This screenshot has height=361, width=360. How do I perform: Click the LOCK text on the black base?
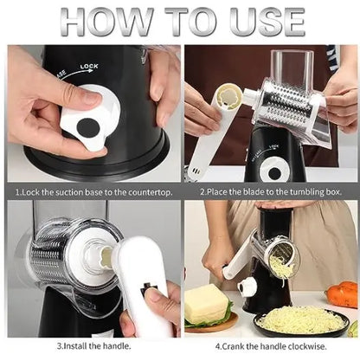click(89, 66)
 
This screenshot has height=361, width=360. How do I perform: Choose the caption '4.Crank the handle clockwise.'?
click(270, 345)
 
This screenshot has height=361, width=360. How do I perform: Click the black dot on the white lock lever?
click(87, 126)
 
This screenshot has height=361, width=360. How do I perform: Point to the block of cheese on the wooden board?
click(207, 304)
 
